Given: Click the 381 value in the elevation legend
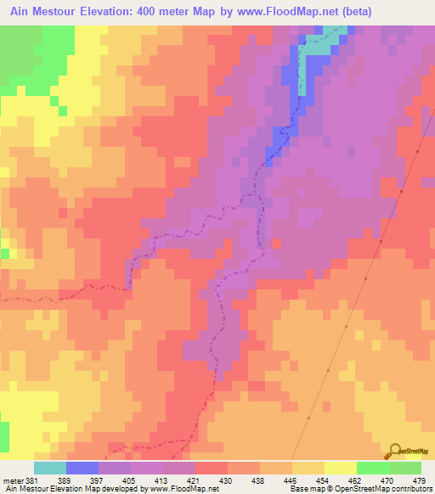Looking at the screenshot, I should coord(32,480).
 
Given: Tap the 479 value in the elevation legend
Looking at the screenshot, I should coord(420,480).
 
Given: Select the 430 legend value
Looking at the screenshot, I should coord(226,480).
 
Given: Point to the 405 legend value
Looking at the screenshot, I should coord(129,480).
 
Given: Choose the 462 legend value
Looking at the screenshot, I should coord(355,480).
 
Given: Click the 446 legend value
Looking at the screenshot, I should coord(291,480).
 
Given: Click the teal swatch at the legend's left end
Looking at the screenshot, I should coord(50,468).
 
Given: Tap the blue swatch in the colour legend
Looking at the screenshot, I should coord(82,468).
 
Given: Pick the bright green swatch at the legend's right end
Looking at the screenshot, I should coord(405,468).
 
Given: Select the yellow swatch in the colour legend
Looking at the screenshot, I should coord(341,468).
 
